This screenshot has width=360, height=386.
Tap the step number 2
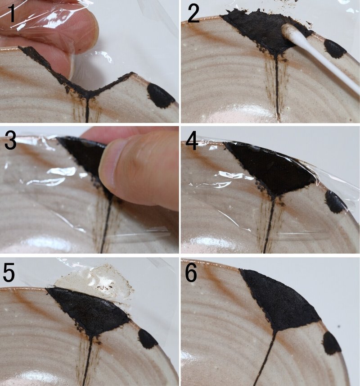coord(193,14)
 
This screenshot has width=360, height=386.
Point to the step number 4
coord(192,142)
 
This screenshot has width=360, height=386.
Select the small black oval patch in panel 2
coord(335,48)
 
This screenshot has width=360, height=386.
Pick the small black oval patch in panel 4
coord(335,202)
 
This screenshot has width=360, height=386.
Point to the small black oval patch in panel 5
coord(148,339)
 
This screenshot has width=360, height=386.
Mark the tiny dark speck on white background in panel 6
coord(339,327)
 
